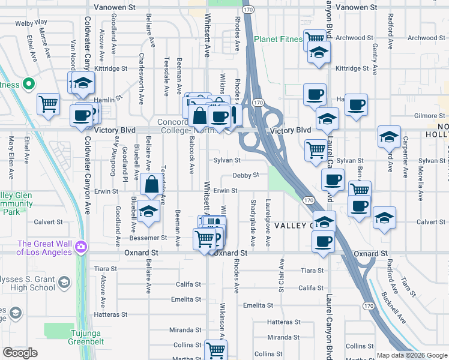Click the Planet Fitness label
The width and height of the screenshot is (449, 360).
click(279, 39)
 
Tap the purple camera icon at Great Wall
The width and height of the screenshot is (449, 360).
click(80, 246)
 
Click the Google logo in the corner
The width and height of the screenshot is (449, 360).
click(20, 353)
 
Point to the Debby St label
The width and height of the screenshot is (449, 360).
click(246, 175)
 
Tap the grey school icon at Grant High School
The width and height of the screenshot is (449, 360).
click(63, 282)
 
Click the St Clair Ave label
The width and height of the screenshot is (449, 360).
click(281, 276)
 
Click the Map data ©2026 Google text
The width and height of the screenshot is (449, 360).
click(411, 355)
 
